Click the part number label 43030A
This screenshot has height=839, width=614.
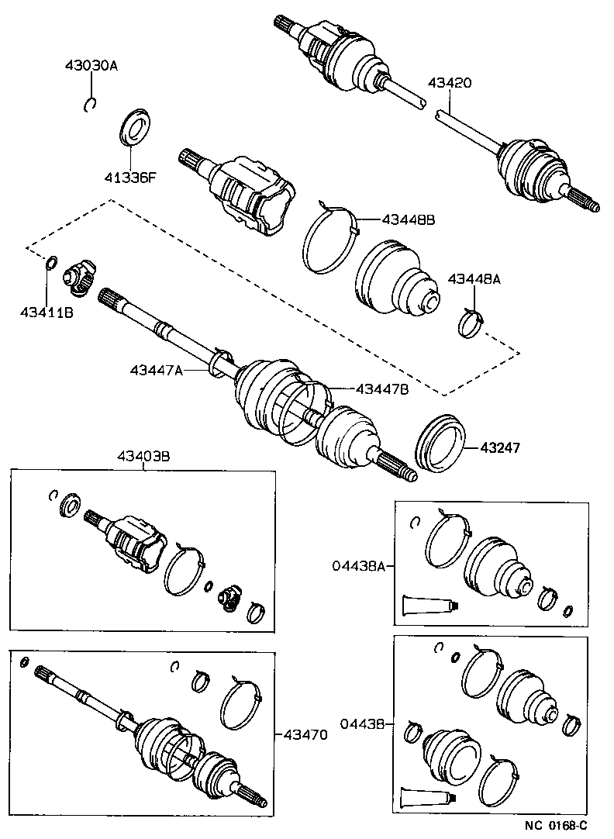pos(91,67)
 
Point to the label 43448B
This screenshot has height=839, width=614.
pos(408,219)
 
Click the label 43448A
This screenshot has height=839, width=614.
pos(474,279)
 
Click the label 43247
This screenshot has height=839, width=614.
pos(500,447)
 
